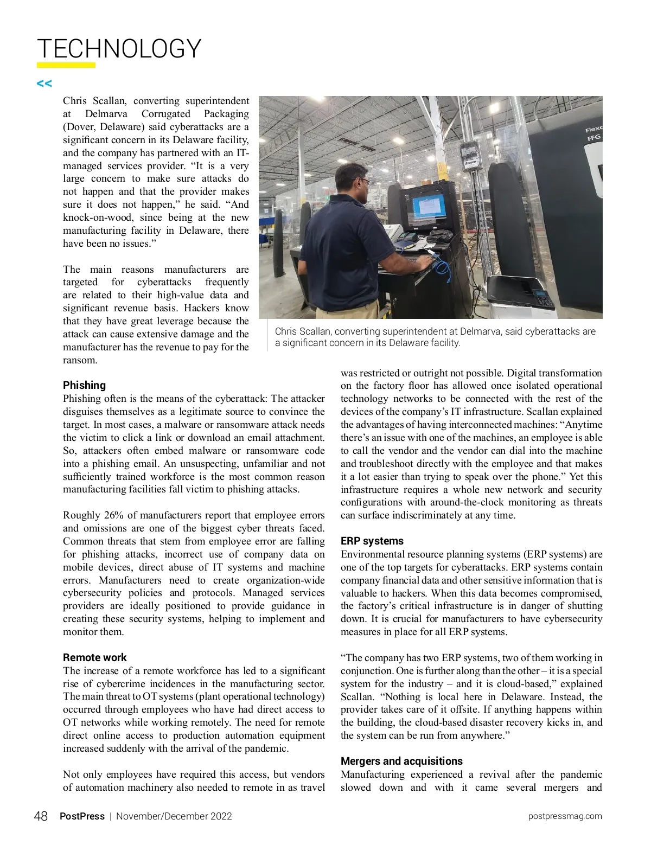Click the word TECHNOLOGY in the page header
pos(119,49)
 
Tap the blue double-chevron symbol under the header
pos(44,84)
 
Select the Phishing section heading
pos(84,385)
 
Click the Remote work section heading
pos(94,657)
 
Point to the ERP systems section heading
pos(372,541)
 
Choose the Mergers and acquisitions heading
pos(401,761)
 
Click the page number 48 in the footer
pos(41,816)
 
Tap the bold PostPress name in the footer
pos(82,816)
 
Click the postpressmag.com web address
pos(565,816)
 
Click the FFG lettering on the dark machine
pos(593,138)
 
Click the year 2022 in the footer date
pos(221,816)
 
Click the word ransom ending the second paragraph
pos(80,360)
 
